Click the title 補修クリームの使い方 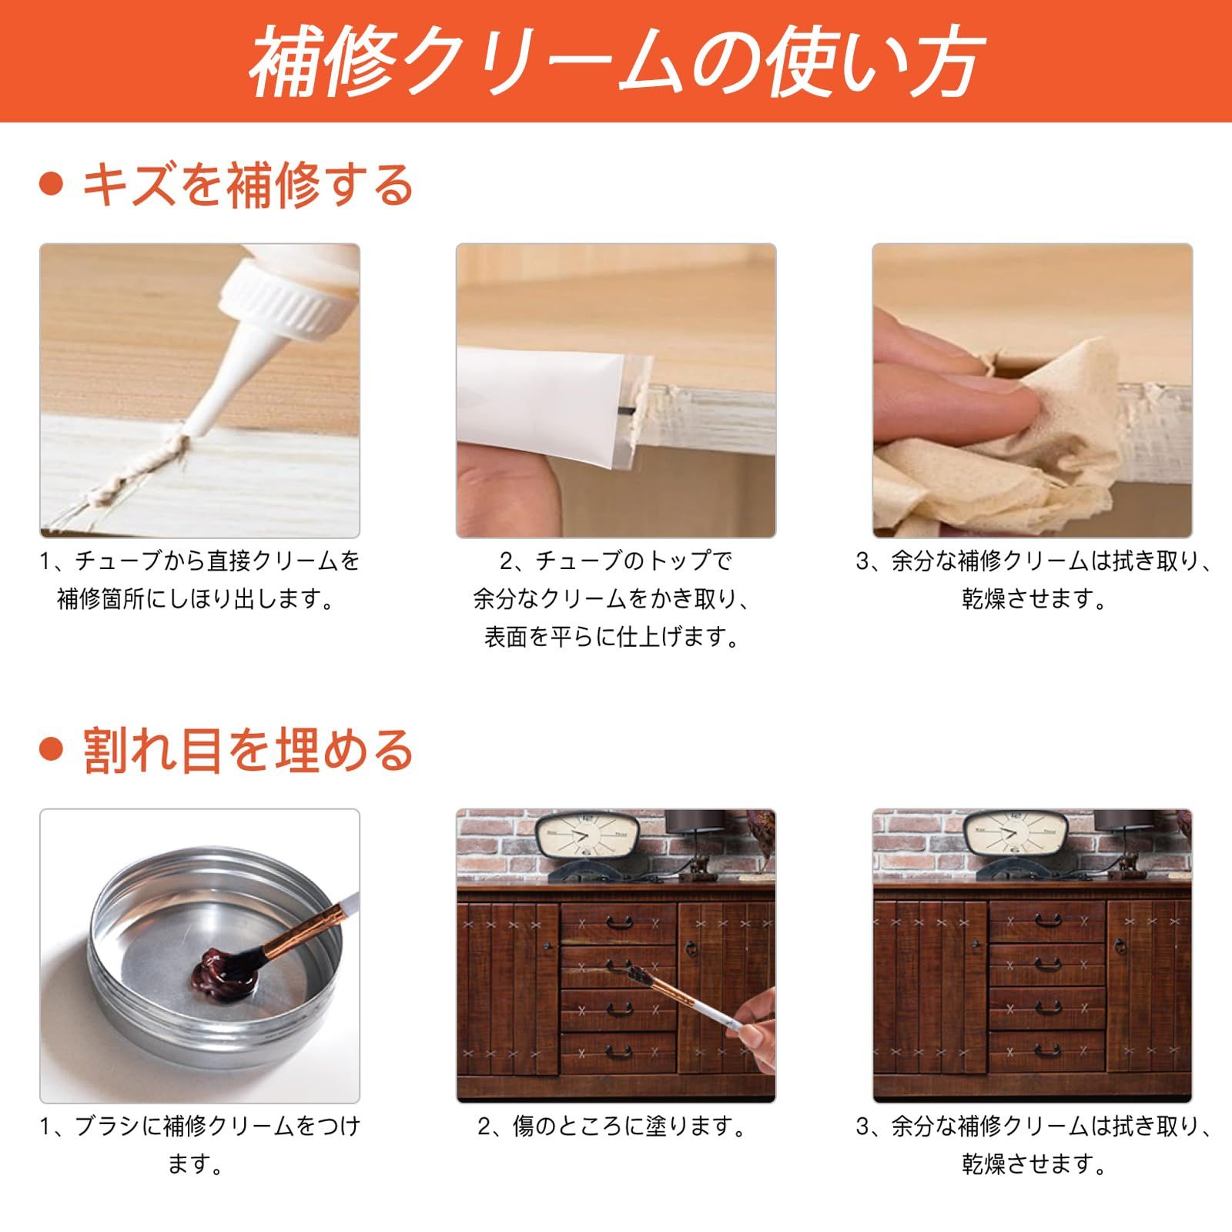616,62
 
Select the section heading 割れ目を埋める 248,750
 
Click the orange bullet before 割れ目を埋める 51,750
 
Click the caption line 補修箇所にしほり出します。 197,598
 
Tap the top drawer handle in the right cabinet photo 1046,919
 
